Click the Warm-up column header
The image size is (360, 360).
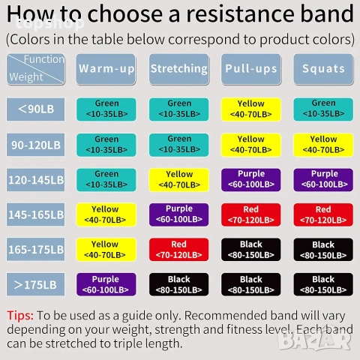[106, 69]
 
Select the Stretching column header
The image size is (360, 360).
[179, 69]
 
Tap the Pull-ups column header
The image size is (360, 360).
[251, 69]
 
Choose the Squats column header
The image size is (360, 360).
[323, 69]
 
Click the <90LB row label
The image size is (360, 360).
[35, 109]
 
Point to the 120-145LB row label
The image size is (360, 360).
[35, 180]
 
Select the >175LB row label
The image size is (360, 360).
[35, 284]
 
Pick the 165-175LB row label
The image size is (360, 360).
[35, 250]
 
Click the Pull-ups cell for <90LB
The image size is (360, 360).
[251, 109]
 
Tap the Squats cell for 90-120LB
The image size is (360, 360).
[323, 145]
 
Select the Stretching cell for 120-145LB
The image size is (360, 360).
[179, 180]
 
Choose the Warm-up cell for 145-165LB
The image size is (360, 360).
[106, 214]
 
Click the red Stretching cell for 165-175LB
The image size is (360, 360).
[179, 250]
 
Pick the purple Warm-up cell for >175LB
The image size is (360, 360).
[106, 284]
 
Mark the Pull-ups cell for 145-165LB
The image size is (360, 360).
[251, 214]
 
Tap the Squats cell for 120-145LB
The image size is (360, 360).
[323, 180]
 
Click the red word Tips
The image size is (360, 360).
[20, 316]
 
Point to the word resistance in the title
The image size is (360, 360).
[241, 14]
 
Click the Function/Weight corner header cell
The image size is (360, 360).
[35, 69]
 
